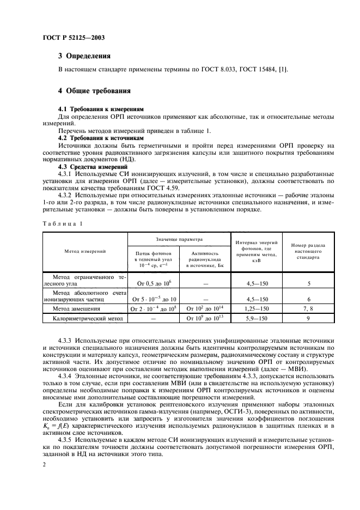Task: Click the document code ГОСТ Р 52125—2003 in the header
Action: [x=74, y=38]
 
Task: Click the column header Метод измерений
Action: [x=86, y=251]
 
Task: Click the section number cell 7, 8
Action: [x=308, y=309]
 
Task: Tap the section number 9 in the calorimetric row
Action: [x=308, y=319]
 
